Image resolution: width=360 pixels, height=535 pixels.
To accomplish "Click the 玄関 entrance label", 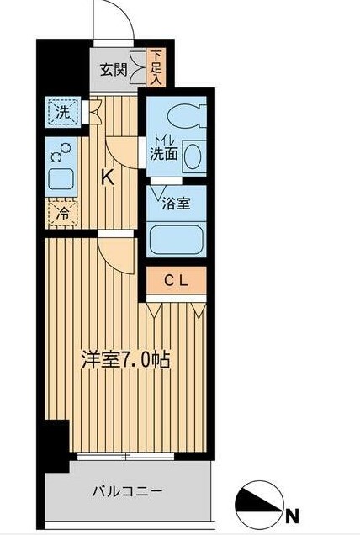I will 114,71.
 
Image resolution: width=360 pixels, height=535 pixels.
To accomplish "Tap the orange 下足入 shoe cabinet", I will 157,68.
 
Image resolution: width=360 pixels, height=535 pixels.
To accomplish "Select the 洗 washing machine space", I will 62,111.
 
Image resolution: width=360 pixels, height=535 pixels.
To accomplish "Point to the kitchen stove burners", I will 61,152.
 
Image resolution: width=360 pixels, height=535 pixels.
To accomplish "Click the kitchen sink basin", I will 61,179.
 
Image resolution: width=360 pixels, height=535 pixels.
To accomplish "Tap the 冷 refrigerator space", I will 62,214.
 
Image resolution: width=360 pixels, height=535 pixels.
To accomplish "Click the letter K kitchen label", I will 108,177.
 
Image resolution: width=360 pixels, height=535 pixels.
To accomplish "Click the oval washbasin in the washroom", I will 193,156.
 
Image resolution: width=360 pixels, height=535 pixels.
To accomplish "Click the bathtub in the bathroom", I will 176,239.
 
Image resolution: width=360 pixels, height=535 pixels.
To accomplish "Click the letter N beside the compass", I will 291,515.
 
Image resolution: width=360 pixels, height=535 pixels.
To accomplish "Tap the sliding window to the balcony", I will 125,458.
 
